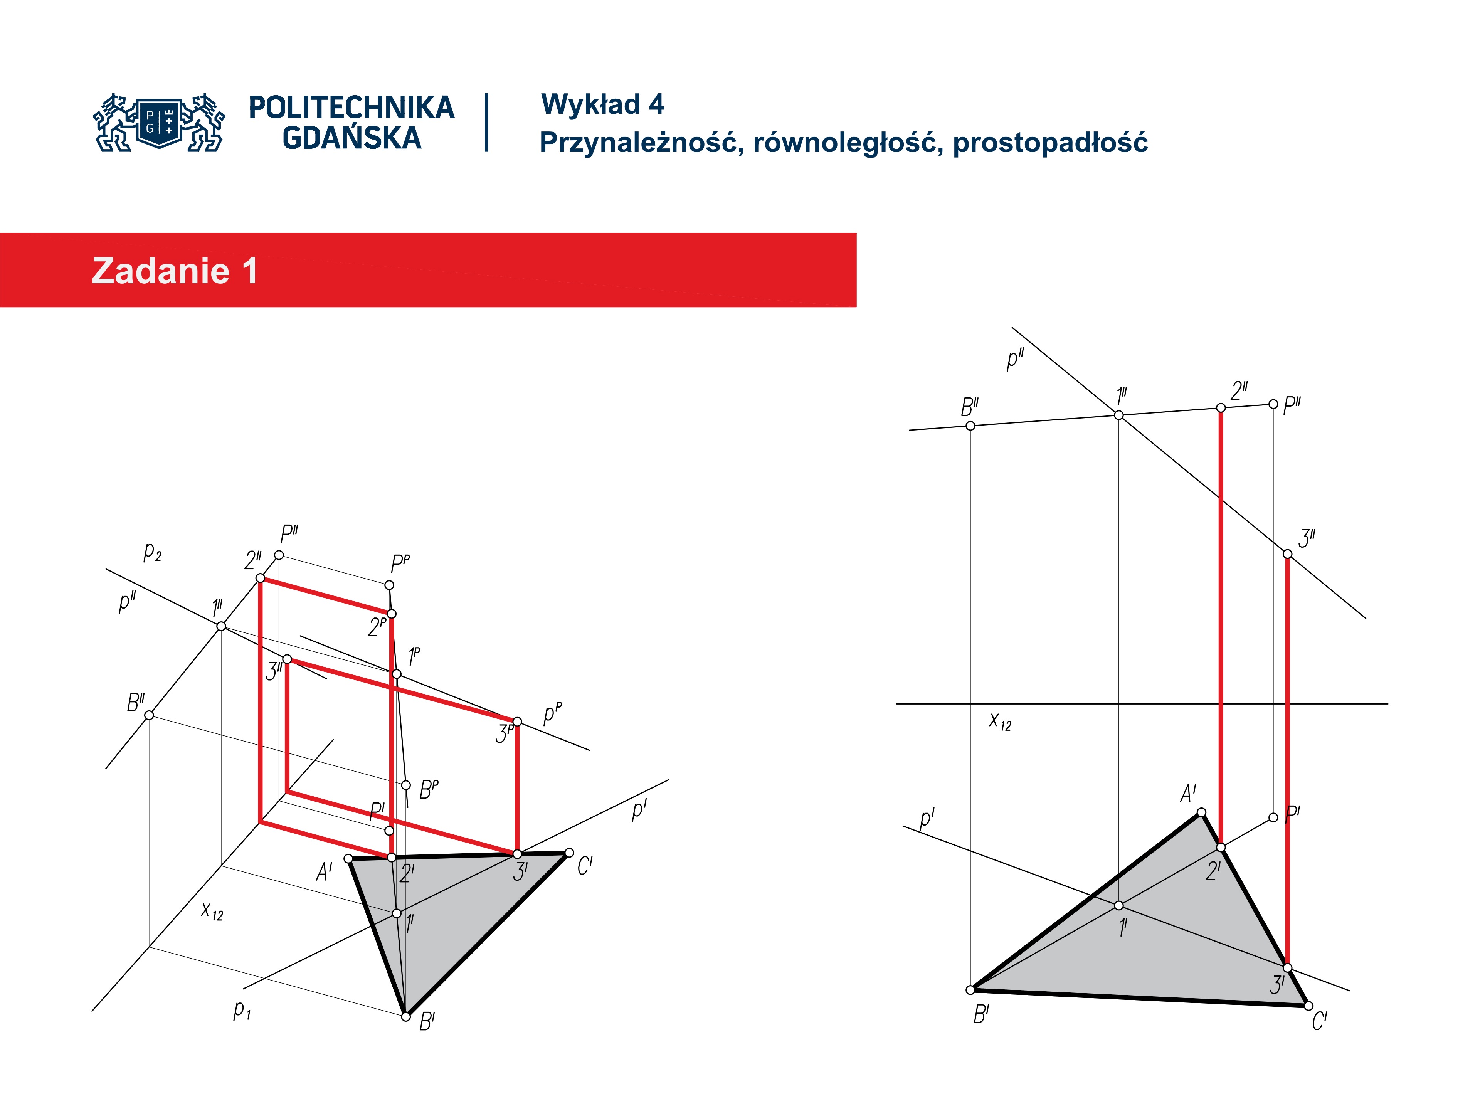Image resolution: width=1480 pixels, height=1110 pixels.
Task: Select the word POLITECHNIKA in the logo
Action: click(351, 108)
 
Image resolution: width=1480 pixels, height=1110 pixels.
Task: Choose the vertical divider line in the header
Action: click(486, 123)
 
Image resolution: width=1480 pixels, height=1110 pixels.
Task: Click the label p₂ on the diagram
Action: click(153, 552)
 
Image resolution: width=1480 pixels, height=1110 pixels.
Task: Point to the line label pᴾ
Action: click(553, 713)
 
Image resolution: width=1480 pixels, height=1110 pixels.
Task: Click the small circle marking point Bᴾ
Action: click(405, 785)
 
